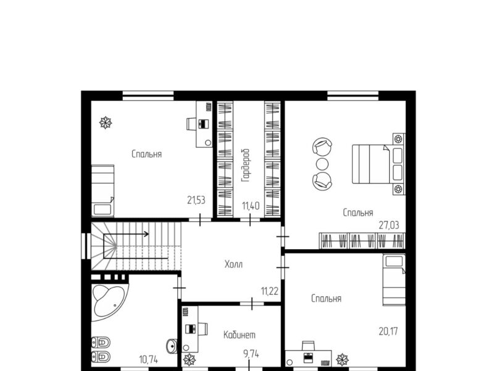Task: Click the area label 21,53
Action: click(x=196, y=200)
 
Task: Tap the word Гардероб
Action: click(x=245, y=166)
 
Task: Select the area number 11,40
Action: click(x=251, y=206)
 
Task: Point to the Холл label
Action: click(x=234, y=264)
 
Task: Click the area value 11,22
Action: click(x=270, y=291)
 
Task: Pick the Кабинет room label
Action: click(x=240, y=335)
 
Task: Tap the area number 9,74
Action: click(x=251, y=354)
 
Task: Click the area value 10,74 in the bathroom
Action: click(x=148, y=359)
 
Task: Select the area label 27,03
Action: click(x=389, y=225)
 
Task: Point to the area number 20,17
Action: click(x=388, y=331)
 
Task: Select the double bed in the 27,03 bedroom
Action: click(x=379, y=164)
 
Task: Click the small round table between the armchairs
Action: click(x=322, y=164)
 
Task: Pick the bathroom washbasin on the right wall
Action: click(x=172, y=346)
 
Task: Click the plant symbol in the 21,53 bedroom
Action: click(x=106, y=122)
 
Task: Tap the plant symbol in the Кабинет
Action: click(x=190, y=360)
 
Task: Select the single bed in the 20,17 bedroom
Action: click(x=394, y=280)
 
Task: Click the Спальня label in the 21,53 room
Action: click(x=147, y=154)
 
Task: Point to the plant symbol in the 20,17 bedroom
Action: click(x=342, y=360)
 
